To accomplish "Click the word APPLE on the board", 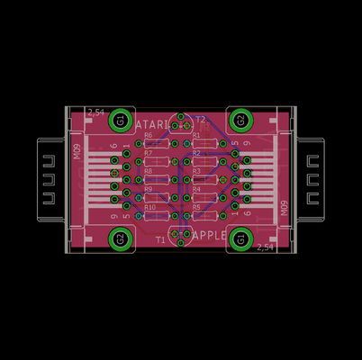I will tap(210, 236).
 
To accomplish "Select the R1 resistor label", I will tap(196, 135).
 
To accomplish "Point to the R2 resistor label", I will tap(196, 154).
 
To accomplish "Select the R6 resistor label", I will tap(149, 135).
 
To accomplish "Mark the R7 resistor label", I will tap(149, 154).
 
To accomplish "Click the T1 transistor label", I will tap(160, 239).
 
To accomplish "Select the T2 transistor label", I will tap(200, 119).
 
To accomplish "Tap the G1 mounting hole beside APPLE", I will tap(240, 239).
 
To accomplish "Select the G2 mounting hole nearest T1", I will tap(119, 239).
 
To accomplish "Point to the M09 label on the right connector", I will tap(283, 209).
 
